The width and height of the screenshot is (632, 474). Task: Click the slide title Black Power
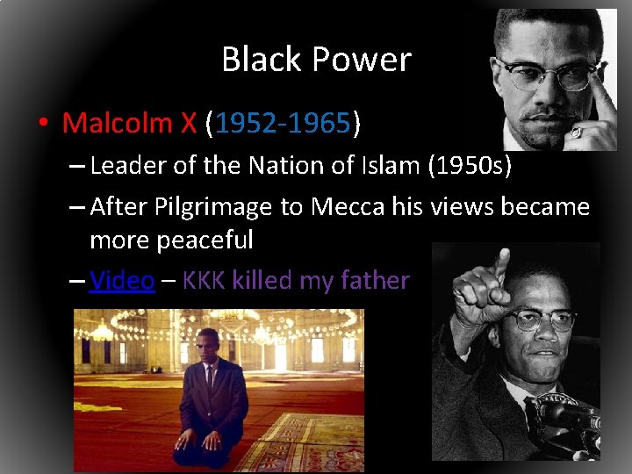pos(316,60)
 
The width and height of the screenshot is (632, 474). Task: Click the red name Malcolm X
pos(129,123)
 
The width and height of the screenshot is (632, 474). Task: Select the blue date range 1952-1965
pos(282,123)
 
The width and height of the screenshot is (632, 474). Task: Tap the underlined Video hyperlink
pos(122,280)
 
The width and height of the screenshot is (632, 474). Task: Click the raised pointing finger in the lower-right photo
pos(501,263)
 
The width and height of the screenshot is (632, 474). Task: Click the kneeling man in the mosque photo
pos(211,404)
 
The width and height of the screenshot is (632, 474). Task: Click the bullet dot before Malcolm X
pos(42,123)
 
